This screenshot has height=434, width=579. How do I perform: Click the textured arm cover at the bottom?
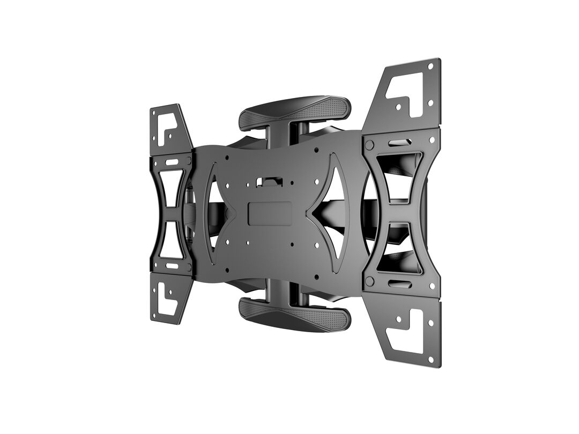295,316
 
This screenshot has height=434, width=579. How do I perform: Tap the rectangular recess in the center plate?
270,213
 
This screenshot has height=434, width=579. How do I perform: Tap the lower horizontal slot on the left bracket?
172,265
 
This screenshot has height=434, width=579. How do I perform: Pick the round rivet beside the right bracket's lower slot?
369,282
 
